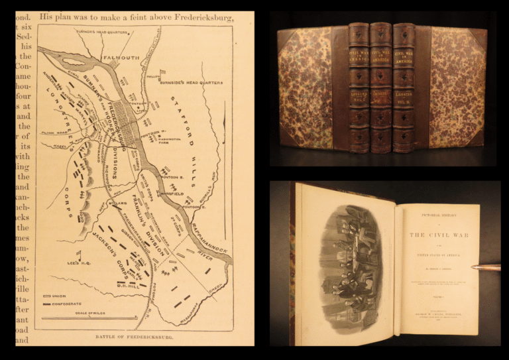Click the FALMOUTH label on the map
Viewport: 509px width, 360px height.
click(121, 58)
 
